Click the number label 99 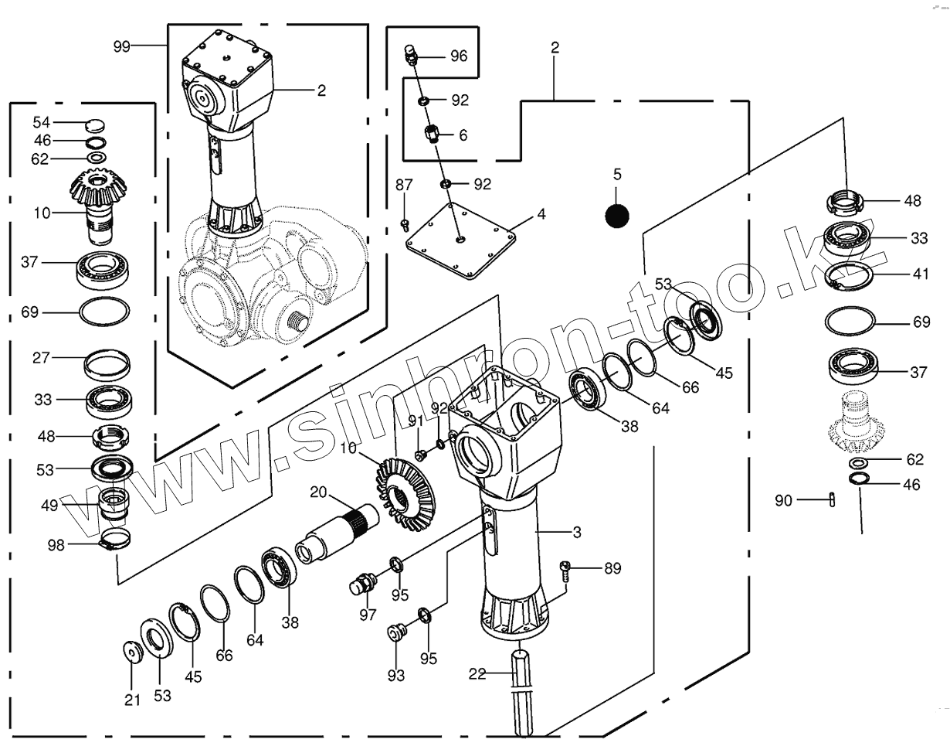122,46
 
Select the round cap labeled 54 94,124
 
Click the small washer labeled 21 134,651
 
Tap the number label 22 477,674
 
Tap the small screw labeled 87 405,225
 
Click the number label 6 463,135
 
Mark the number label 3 577,532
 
